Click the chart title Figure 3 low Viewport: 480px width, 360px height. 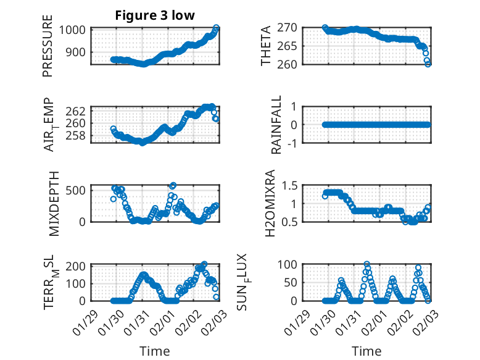(155, 15)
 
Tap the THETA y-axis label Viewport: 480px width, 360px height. (266, 46)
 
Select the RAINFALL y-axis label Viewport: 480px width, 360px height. (277, 125)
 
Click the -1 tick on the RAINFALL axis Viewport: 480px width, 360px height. (293, 143)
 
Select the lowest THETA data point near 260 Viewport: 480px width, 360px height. (428, 64)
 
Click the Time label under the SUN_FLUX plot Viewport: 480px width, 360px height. (367, 351)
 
